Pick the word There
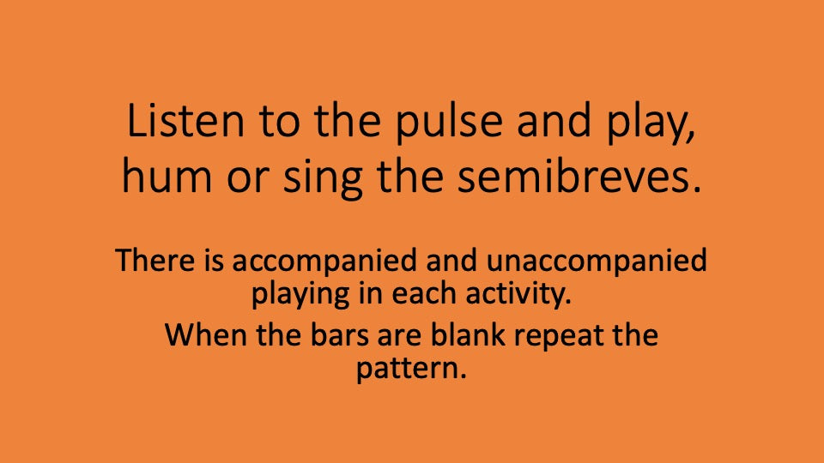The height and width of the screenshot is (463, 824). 152,260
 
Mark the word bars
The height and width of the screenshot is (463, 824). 342,334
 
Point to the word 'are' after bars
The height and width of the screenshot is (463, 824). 400,334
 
